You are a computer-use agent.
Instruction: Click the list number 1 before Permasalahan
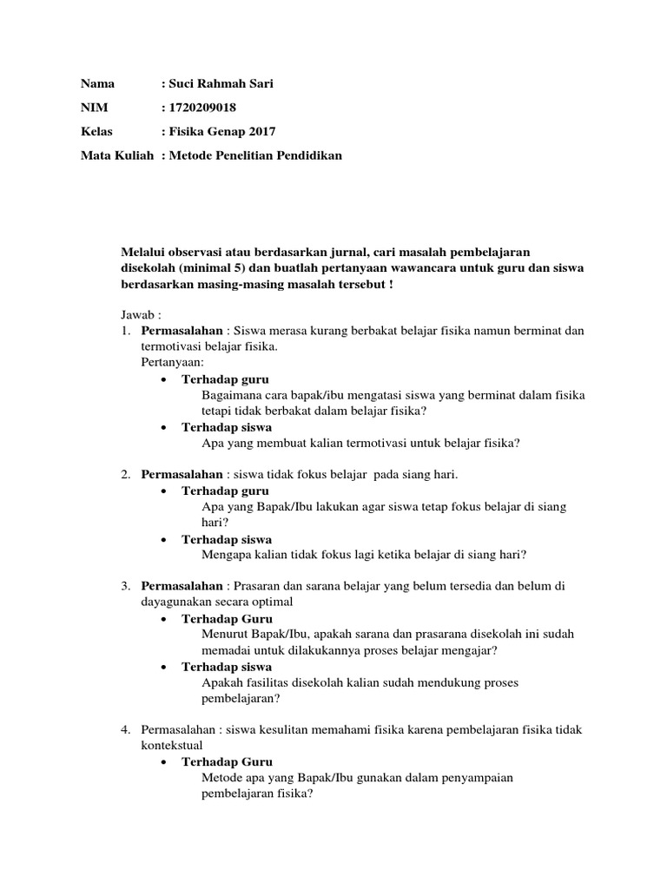point(126,332)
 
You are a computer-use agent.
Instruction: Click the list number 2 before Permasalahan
point(126,474)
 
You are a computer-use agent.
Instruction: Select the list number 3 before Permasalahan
point(126,586)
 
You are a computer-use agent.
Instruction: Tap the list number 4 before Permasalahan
point(126,729)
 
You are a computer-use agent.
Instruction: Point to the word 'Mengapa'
point(225,555)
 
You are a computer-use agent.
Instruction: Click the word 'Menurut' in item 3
point(222,635)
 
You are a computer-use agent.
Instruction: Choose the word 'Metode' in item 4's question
point(221,778)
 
